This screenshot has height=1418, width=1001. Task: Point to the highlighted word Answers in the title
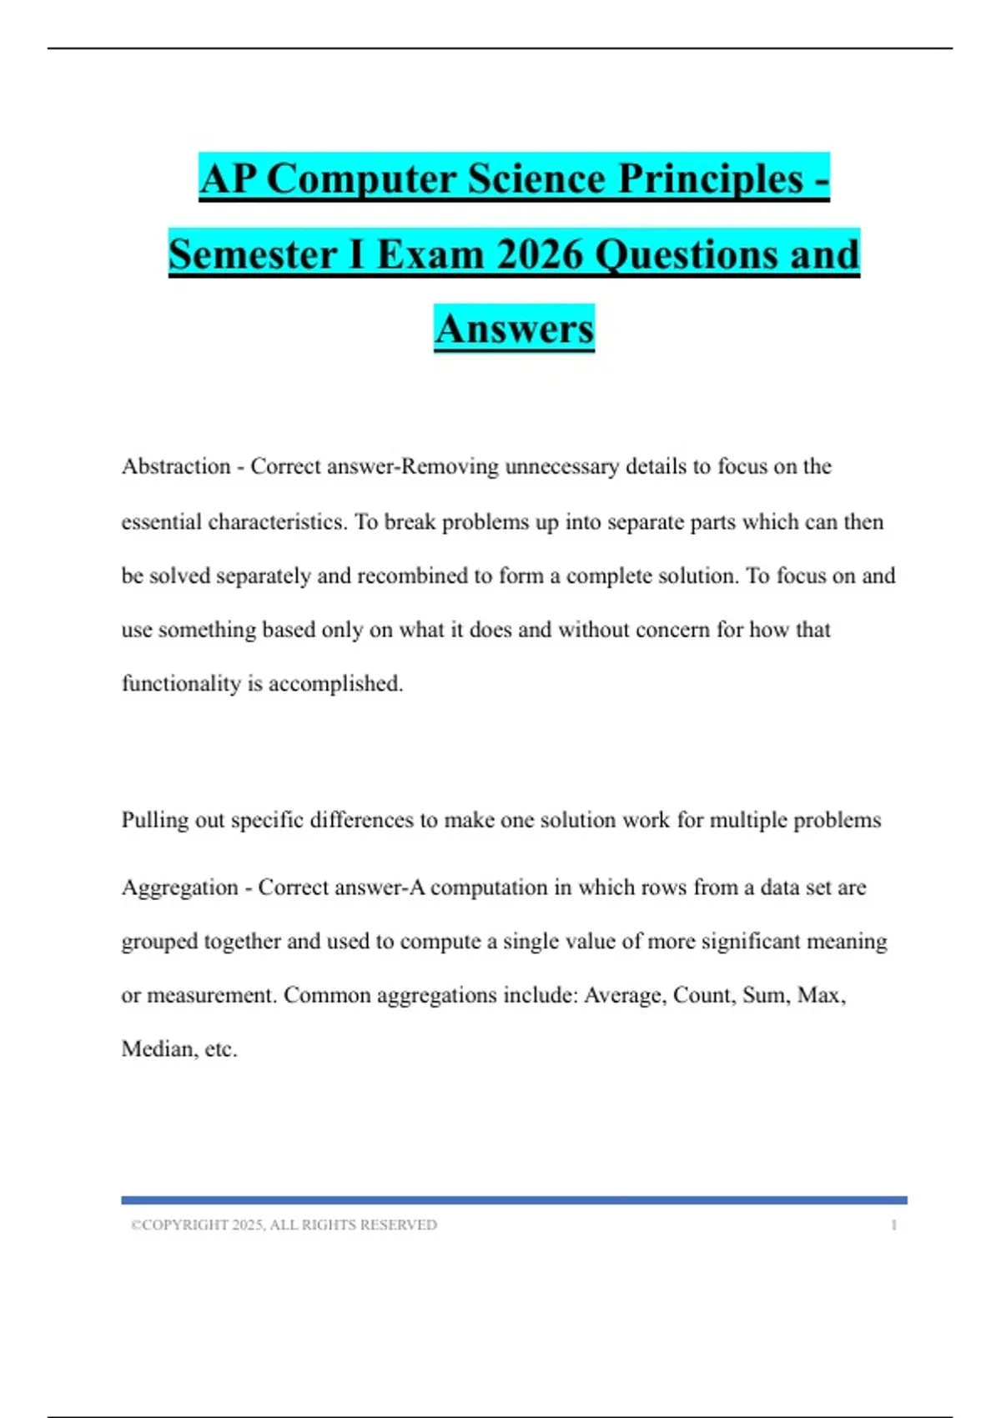(x=514, y=329)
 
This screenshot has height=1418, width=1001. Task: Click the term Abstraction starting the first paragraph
(x=176, y=466)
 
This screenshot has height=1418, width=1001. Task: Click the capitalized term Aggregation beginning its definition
(x=180, y=888)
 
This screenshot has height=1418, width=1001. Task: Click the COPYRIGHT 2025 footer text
(x=284, y=1224)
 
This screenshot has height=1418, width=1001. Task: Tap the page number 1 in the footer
(x=894, y=1224)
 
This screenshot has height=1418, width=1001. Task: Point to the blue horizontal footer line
(x=514, y=1200)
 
